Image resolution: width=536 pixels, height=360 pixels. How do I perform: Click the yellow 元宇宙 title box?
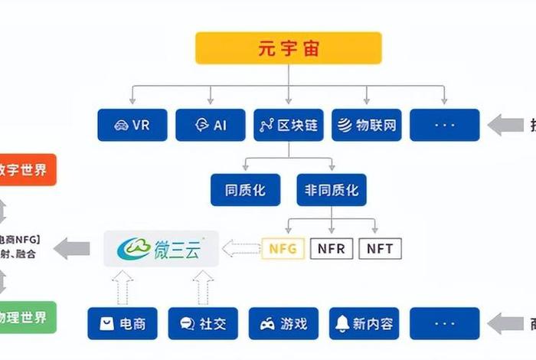tap(288, 48)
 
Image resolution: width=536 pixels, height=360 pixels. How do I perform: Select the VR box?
tap(132, 125)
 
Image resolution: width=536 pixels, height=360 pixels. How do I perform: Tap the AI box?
tap(211, 125)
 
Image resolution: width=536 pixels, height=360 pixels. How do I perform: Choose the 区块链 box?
tap(289, 125)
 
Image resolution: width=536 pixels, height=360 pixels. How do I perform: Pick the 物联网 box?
tap(367, 125)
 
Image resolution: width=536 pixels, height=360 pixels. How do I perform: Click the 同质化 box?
tap(246, 190)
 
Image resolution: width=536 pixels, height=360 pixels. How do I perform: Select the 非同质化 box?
tap(332, 190)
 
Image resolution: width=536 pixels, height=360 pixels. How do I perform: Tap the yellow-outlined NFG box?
tap(283, 248)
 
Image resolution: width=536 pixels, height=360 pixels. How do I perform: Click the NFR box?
tap(332, 248)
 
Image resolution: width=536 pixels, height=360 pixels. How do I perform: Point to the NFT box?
tap(380, 248)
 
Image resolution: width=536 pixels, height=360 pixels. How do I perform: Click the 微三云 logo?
tap(162, 249)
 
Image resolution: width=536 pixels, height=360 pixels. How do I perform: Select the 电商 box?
tap(123, 324)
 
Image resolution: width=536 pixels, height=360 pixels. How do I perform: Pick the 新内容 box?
tap(365, 324)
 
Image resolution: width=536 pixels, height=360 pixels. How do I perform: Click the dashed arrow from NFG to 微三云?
tap(241, 248)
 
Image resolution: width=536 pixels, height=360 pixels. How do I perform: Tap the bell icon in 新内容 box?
tap(342, 324)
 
